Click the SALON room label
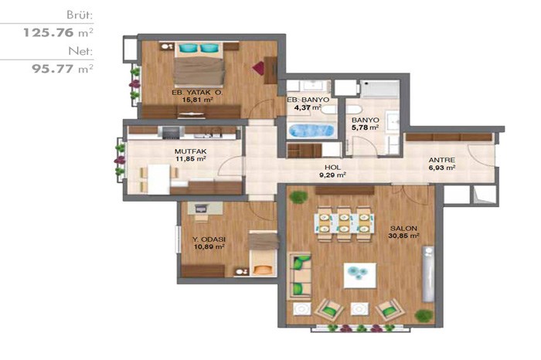[x=403, y=228]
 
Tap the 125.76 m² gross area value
[x=58, y=32]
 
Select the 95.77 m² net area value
[x=63, y=69]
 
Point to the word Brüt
[x=80, y=15]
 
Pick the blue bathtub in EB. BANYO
[x=312, y=131]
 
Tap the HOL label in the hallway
[x=332, y=167]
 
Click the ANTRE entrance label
[x=441, y=160]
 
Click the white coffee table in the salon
[x=360, y=276]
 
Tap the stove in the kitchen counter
[x=171, y=132]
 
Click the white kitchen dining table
[x=158, y=179]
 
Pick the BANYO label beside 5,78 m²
[x=366, y=120]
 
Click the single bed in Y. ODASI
[x=264, y=253]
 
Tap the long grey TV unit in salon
[x=428, y=273]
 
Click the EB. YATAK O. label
[x=197, y=93]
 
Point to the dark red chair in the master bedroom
[x=259, y=68]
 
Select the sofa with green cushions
[x=300, y=275]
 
